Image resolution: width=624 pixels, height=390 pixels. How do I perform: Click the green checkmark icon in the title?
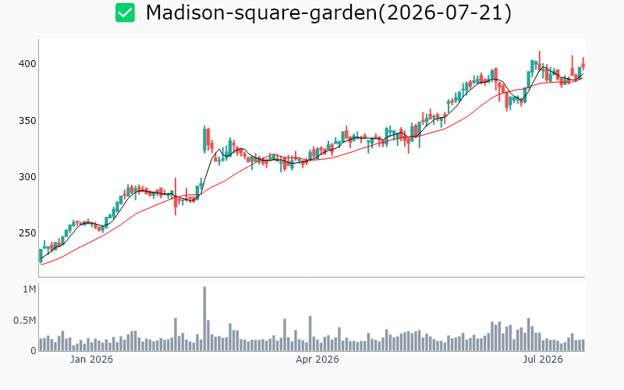125,12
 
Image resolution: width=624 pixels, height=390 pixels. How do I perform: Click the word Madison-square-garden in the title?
261,12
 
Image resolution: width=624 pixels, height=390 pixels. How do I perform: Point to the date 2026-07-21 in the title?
444,12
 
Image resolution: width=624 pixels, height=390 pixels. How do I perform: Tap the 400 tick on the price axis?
27,64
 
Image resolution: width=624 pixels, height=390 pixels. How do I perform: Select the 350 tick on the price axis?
27,121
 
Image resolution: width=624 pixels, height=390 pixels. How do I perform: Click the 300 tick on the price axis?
27,177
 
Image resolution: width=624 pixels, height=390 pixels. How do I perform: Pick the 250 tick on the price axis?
27,232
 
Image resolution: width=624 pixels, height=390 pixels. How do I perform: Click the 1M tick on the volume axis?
30,289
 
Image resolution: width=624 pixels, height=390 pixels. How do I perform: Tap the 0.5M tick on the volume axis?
25,321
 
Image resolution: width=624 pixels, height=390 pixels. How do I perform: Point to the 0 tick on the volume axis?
34,350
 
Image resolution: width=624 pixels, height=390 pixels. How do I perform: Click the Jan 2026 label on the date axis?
91,360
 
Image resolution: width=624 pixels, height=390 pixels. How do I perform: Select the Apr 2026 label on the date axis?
317,360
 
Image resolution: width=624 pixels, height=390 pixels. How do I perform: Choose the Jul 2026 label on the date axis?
543,360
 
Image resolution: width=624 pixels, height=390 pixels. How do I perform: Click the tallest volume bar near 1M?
204,319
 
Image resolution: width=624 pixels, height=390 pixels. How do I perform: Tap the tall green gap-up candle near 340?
204,140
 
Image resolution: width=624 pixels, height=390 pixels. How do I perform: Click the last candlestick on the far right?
583,65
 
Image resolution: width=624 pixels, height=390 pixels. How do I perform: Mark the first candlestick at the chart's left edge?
41,256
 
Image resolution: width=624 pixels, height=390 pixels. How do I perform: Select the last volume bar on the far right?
583,345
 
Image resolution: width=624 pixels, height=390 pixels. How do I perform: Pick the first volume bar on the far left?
41,345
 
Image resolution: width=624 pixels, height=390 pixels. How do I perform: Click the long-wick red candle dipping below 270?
175,197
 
